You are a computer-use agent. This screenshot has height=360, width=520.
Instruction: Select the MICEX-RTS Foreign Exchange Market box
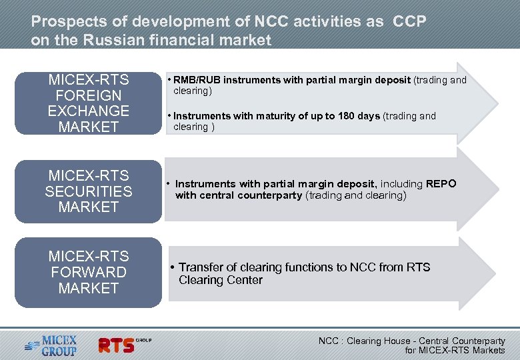click(88, 104)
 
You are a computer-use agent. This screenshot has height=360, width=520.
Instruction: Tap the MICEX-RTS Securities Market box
click(88, 191)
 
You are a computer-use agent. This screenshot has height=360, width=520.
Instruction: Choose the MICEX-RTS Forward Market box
click(88, 272)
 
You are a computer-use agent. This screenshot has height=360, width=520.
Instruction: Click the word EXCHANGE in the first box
click(88, 111)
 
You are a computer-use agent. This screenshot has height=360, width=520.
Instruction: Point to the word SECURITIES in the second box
click(88, 191)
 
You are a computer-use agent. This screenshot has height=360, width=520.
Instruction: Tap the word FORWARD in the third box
click(88, 272)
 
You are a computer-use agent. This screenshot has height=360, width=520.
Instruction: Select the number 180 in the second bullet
click(347, 116)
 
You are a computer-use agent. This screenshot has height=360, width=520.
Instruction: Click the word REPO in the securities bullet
click(441, 183)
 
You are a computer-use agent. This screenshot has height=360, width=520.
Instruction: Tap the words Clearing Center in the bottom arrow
click(221, 280)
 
